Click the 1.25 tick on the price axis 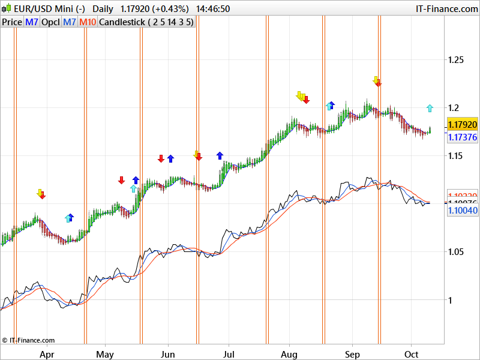[457, 60]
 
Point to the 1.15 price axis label [457, 156]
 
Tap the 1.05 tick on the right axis [457, 252]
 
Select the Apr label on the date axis [47, 355]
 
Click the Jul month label [228, 355]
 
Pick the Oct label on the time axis [412, 355]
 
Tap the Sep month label [353, 355]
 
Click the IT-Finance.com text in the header [446, 9]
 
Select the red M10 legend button [88, 22]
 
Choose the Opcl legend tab [50, 22]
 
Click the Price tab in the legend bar [12, 22]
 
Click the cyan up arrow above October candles [430, 108]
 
